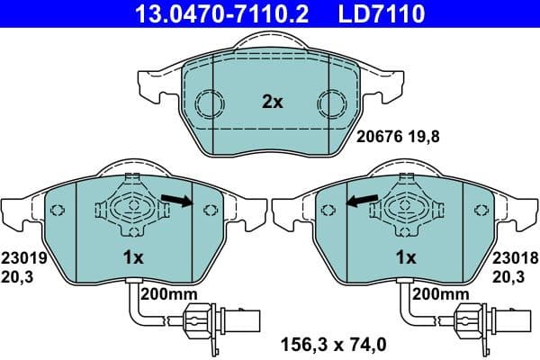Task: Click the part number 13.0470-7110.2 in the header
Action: (209, 13)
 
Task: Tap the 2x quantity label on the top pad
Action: (272, 103)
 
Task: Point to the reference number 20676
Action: (376, 139)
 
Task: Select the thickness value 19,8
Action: (423, 139)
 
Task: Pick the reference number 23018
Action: (514, 256)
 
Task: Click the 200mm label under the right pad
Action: (440, 294)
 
